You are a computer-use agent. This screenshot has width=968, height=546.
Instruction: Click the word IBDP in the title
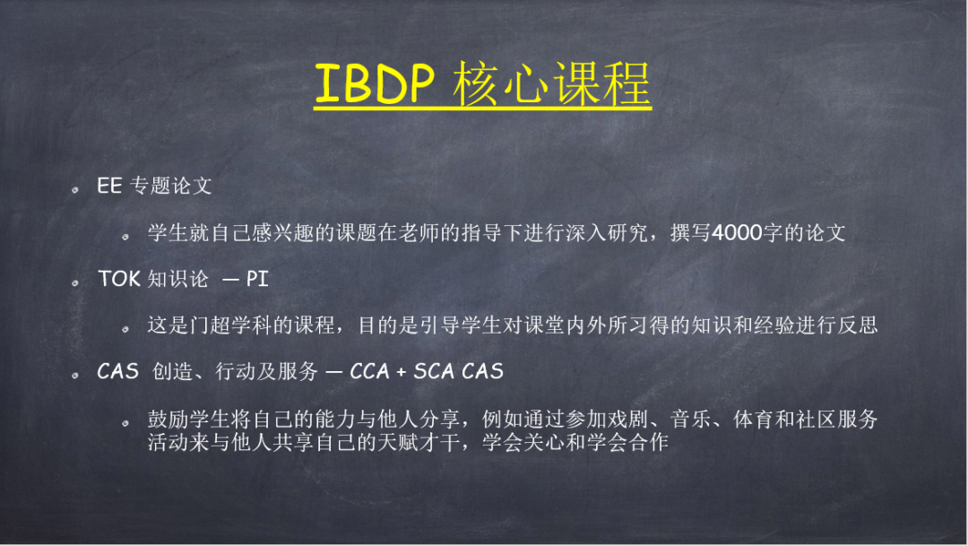click(x=375, y=84)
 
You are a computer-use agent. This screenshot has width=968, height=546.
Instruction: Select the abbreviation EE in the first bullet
click(x=109, y=186)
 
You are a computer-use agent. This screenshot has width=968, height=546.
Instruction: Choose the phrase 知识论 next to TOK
click(x=177, y=279)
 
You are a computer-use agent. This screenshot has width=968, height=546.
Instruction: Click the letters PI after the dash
click(x=257, y=279)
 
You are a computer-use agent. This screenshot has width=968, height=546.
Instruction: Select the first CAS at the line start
click(x=117, y=371)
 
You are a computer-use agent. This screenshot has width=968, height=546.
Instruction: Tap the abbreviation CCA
click(x=370, y=371)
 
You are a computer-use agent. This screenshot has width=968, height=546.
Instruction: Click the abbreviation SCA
click(x=435, y=371)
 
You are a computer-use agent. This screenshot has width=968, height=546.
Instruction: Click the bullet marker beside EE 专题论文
click(x=78, y=189)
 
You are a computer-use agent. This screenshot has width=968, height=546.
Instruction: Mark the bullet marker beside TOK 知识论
click(x=78, y=282)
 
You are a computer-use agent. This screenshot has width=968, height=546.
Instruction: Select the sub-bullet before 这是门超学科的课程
click(x=128, y=327)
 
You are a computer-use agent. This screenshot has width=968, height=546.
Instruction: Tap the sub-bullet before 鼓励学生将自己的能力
click(x=128, y=421)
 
